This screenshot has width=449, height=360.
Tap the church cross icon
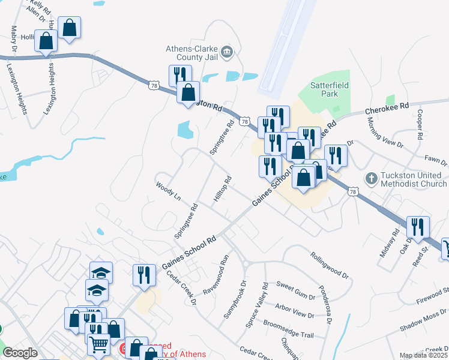(372, 178)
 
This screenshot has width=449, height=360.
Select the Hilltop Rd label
(222, 189)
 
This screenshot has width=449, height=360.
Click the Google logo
(20, 353)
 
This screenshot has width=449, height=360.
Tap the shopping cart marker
(98, 344)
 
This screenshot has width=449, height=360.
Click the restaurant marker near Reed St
(418, 227)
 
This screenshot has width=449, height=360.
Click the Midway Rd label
(390, 243)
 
